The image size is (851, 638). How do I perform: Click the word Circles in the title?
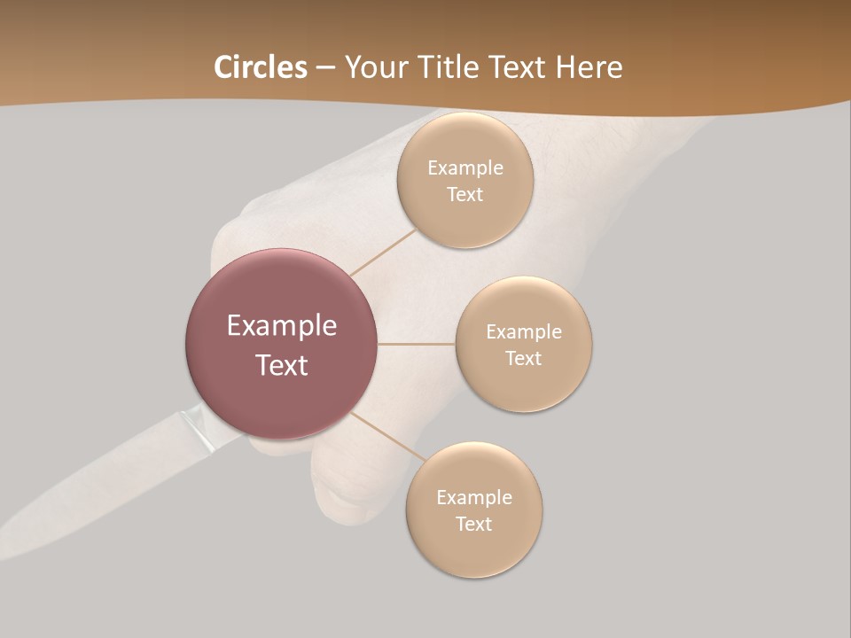[260, 67]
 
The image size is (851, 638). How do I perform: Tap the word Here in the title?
[589, 67]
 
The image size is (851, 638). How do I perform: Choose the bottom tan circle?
[473, 549]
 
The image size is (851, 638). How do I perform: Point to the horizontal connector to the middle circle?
[416, 344]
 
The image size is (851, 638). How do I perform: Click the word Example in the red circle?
[281, 326]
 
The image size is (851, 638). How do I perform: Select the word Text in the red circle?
[281, 365]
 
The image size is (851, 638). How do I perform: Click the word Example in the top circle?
[465, 167]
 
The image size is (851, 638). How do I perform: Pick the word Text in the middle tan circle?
[523, 358]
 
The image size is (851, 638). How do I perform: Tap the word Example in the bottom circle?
[473, 497]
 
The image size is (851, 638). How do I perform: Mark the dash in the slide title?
[325, 67]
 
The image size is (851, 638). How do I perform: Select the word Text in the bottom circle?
[473, 524]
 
